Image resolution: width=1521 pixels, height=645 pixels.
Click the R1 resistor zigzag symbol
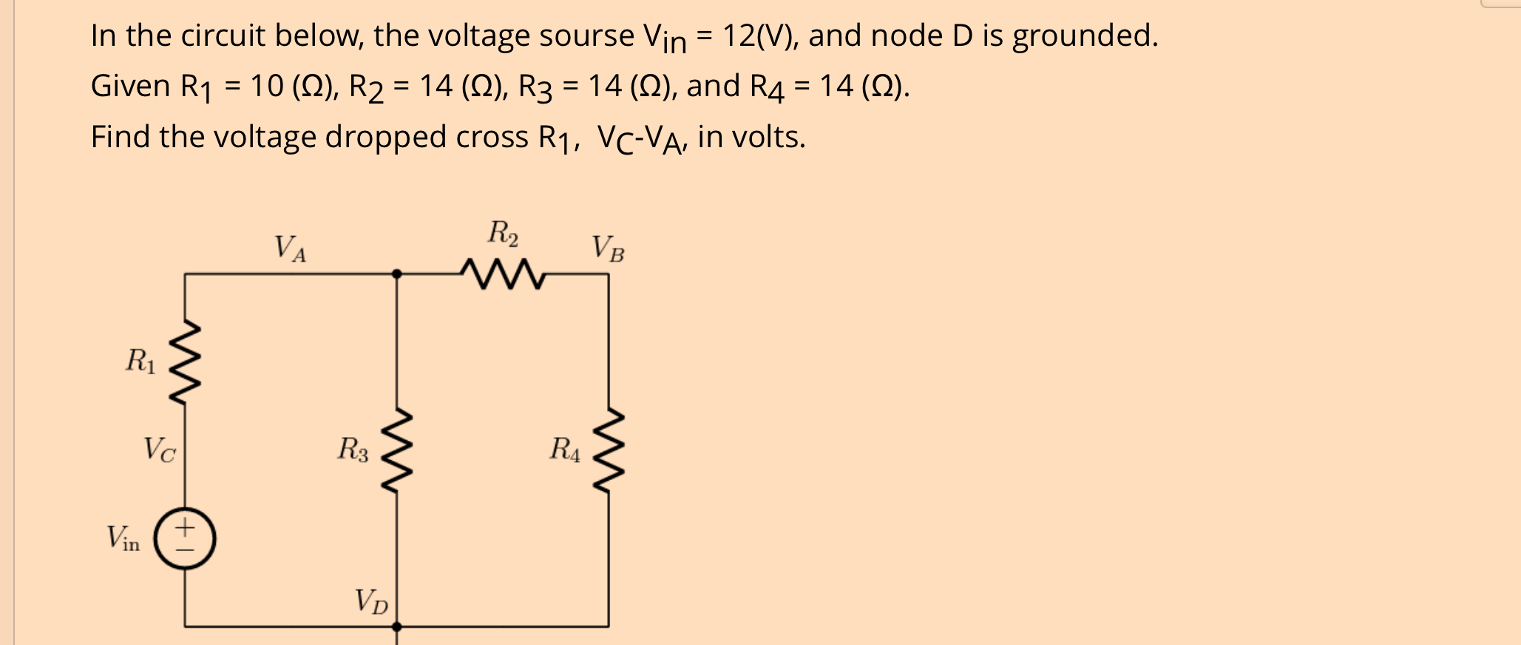click(184, 362)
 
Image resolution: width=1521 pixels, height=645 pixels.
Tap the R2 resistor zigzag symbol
click(502, 274)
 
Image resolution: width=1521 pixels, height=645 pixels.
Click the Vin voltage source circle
click(185, 538)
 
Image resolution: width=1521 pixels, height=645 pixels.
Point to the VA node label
click(290, 249)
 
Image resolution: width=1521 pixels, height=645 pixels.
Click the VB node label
click(608, 249)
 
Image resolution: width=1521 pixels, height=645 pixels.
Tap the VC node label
click(160, 449)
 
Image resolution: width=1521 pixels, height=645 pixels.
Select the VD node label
click(371, 601)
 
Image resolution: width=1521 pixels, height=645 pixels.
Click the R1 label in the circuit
click(140, 362)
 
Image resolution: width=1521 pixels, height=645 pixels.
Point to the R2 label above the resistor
click(503, 233)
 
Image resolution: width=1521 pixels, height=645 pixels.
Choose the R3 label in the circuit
click(353, 449)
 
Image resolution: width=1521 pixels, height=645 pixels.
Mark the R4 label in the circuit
click(565, 449)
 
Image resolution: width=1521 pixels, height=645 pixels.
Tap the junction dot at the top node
click(396, 274)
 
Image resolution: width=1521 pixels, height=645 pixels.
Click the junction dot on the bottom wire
click(396, 627)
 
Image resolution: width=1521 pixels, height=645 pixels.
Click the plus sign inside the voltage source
click(185, 527)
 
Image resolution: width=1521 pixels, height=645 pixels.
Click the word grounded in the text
click(1084, 36)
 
